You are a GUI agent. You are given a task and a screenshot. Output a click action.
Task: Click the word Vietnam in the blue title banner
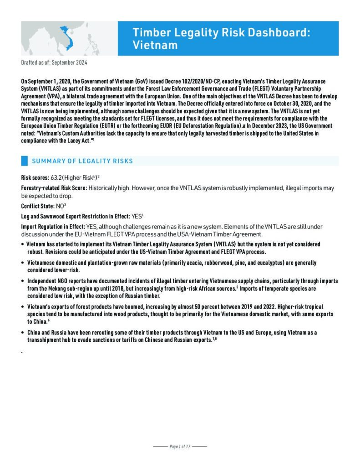click(155, 45)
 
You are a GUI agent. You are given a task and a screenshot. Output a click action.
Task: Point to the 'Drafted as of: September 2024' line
click(54, 62)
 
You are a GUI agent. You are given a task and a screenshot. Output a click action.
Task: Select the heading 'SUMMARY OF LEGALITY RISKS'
click(82, 161)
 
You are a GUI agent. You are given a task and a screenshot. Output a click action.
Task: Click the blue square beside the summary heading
click(25, 161)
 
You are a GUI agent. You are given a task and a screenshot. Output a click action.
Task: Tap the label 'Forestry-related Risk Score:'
click(54, 187)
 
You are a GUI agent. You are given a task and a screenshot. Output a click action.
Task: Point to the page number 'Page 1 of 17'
click(180, 446)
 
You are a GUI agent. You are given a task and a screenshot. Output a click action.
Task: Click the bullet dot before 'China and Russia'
click(23, 333)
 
